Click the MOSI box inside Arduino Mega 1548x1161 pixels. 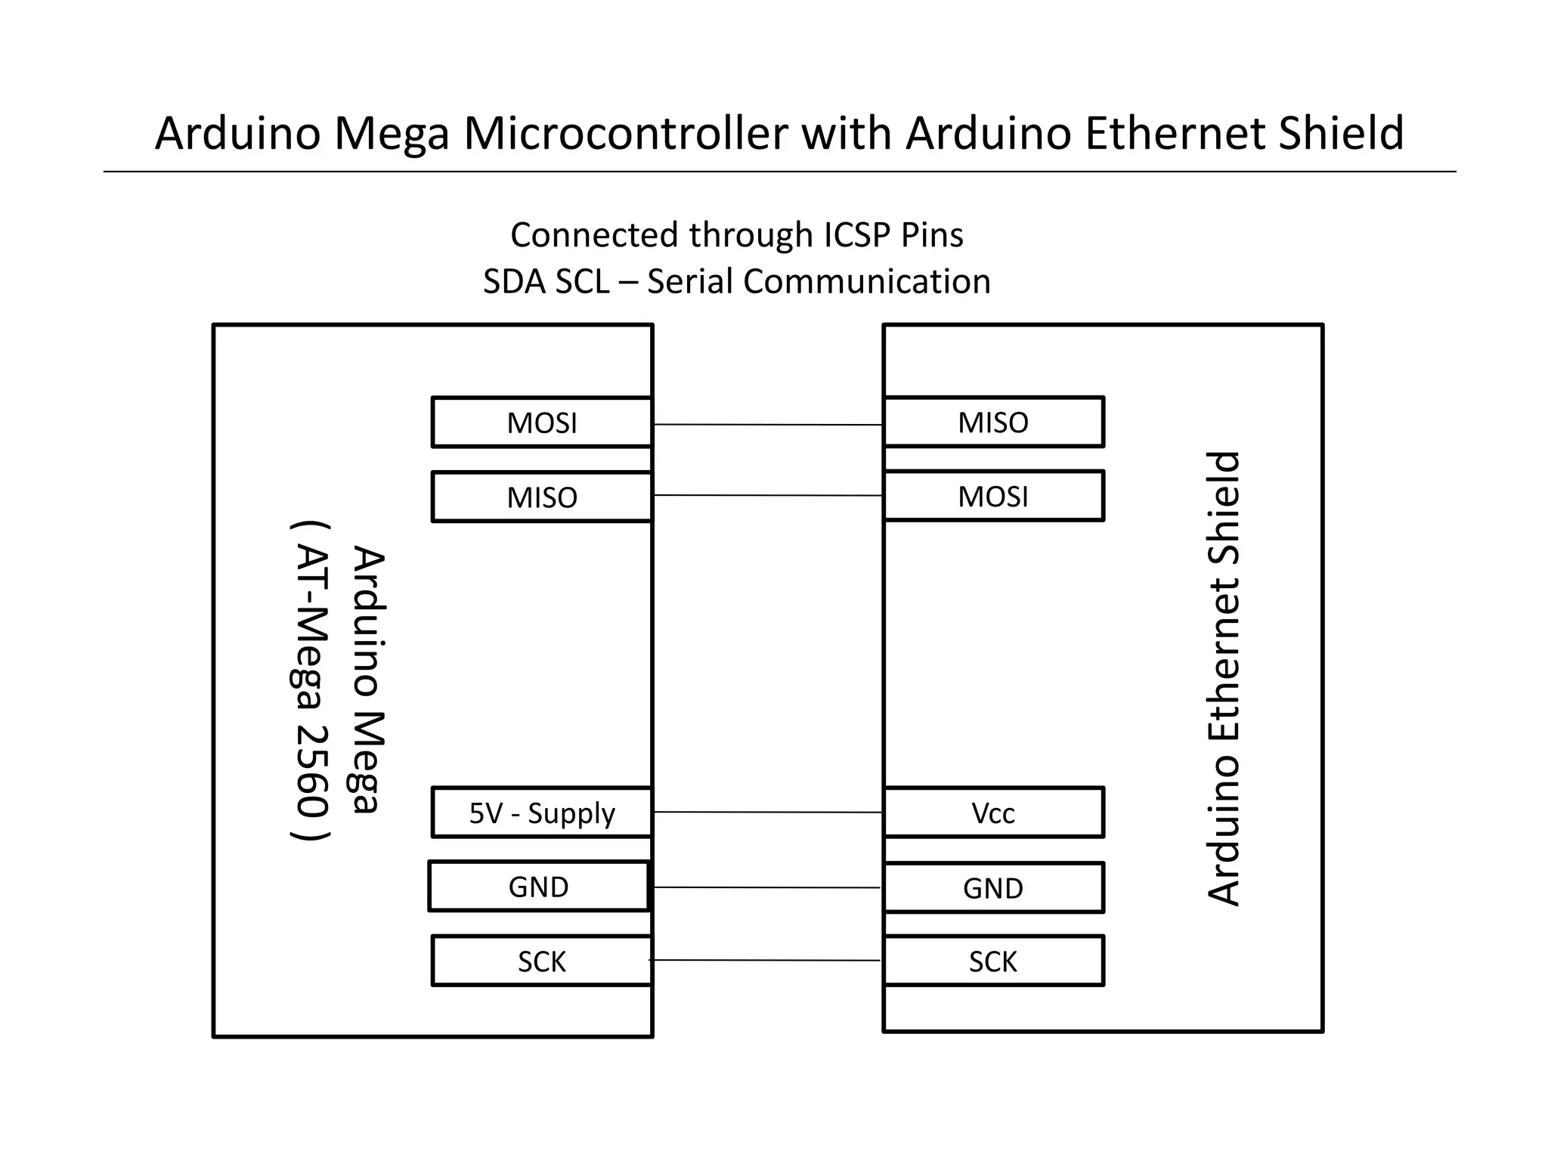[541, 423]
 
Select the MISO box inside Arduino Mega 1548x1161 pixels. [541, 497]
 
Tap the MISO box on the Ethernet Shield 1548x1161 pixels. [993, 423]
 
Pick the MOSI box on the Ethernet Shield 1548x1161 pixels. [993, 497]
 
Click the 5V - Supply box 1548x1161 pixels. [541, 813]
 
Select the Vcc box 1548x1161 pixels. [993, 813]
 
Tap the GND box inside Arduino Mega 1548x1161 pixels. [538, 887]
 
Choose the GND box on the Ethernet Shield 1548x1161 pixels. [993, 887]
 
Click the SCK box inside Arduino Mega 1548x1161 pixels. [541, 961]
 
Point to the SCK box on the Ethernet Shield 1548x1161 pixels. [993, 961]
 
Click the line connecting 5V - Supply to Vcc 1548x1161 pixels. [767, 812]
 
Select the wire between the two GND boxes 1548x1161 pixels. [767, 887]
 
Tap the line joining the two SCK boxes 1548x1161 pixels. [765, 960]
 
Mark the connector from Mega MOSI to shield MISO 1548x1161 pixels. [767, 425]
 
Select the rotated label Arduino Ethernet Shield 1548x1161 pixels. [1224, 678]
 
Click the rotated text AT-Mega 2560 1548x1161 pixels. [310, 680]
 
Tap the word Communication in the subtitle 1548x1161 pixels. [866, 282]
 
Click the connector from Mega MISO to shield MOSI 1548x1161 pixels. [767, 495]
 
